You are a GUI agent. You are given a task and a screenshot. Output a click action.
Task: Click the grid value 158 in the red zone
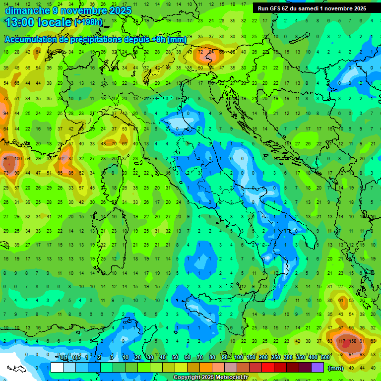coord(352,341)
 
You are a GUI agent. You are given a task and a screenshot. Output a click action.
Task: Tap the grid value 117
coord(341,341)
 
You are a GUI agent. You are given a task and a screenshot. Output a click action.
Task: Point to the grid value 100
coord(18,158)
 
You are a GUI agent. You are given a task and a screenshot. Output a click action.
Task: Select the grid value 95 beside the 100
coord(6,158)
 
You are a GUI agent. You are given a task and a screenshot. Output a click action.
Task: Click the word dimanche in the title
coord(25,10)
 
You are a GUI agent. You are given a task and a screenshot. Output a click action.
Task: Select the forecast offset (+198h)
coord(88,22)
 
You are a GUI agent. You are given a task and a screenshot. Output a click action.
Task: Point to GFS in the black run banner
coord(277,8)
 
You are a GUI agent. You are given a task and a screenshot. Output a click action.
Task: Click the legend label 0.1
coord(64,358)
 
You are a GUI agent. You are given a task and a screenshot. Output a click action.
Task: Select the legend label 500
coord(325,358)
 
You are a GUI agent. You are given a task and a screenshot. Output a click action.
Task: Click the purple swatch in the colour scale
coord(317,367)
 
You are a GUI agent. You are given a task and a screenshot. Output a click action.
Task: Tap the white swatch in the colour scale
coord(57,367)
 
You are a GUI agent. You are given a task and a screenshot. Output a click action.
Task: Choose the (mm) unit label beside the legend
coord(336,368)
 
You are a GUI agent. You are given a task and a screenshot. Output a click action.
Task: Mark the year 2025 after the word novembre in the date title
coord(120,10)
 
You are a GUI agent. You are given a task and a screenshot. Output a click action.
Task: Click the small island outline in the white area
coord(16,369)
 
